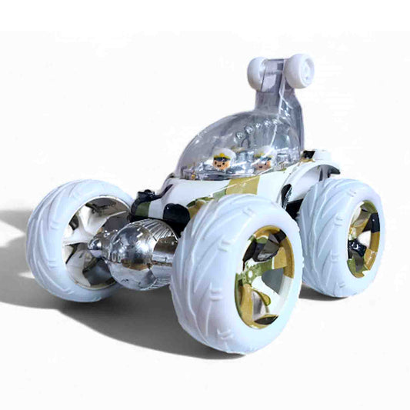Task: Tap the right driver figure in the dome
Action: (263, 159)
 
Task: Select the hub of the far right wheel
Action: (362, 238)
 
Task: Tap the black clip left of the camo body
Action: (143, 203)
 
